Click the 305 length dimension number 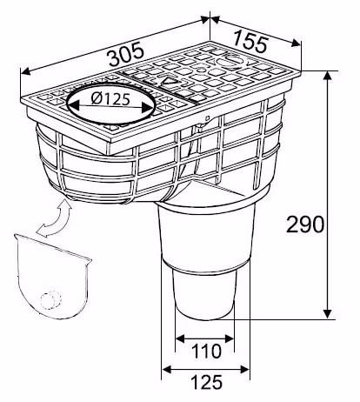tap(126, 54)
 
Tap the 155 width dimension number tap(250, 41)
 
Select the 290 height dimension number tap(305, 224)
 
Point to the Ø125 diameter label tap(110, 99)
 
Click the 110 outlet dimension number tap(207, 351)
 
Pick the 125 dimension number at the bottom tap(207, 382)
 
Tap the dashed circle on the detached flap tap(51, 299)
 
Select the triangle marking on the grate tap(169, 83)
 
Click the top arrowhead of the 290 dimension tap(328, 76)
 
